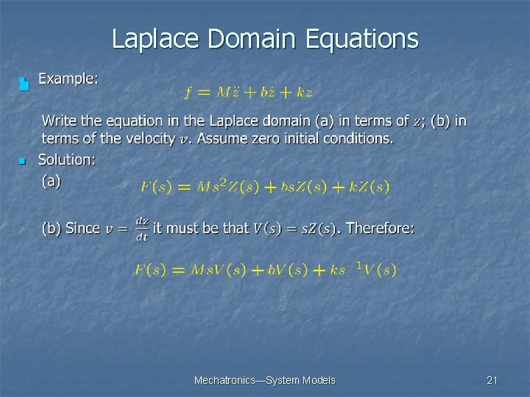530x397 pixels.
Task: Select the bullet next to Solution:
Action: tap(23, 160)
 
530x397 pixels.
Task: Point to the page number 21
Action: tap(492, 380)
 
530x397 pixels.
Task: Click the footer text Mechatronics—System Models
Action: tap(264, 380)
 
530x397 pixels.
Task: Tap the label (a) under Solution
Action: tap(52, 179)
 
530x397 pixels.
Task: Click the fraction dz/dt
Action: tap(142, 228)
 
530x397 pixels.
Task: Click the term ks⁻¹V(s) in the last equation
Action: tap(364, 269)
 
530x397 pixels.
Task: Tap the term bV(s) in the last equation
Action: tap(287, 270)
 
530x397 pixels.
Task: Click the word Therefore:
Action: tap(380, 228)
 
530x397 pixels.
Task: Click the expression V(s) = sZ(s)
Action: tap(294, 229)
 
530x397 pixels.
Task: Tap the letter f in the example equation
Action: tap(188, 93)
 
